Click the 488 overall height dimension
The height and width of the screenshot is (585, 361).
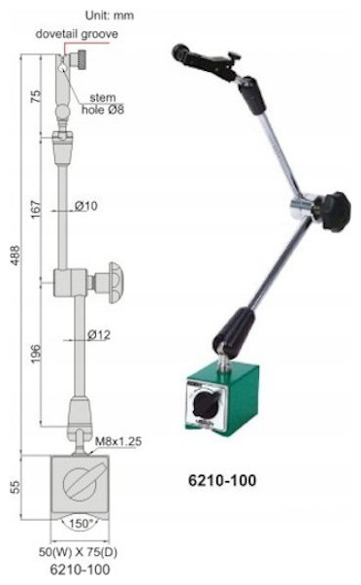[x=16, y=256]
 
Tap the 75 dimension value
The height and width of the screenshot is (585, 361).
[x=35, y=96]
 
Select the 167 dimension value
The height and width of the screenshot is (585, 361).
[x=35, y=210]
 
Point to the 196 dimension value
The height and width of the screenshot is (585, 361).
[x=35, y=354]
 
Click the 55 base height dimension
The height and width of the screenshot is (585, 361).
[x=16, y=487]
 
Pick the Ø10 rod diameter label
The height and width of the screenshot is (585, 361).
[x=86, y=206]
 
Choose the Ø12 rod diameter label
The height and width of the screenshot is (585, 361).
[x=99, y=334]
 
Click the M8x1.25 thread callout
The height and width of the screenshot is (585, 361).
[x=118, y=441]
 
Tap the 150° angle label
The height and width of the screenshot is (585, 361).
[x=81, y=523]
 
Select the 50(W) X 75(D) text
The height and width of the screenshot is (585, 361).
[x=79, y=552]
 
